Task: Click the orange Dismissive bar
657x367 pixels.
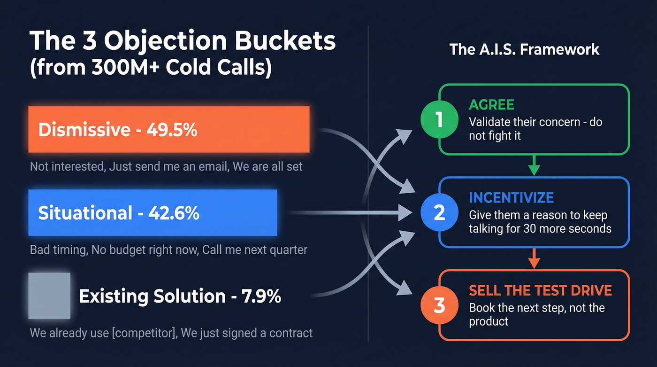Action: pyautogui.click(x=169, y=129)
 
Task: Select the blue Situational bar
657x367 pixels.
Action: pyautogui.click(x=153, y=213)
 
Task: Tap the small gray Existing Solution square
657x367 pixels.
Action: pyautogui.click(x=49, y=296)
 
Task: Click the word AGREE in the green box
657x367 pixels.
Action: pyautogui.click(x=491, y=105)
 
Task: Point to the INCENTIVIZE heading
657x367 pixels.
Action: pyautogui.click(x=511, y=197)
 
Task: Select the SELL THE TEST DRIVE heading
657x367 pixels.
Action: pyautogui.click(x=540, y=290)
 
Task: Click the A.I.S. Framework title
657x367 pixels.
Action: pyautogui.click(x=524, y=49)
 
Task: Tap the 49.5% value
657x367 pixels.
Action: pyautogui.click(x=172, y=130)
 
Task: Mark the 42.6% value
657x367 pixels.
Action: pyautogui.click(x=174, y=213)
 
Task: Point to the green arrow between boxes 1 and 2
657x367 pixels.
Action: pyautogui.click(x=534, y=165)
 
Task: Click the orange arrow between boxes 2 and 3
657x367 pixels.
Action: pyautogui.click(x=534, y=258)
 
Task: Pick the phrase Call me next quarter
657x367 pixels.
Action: pyautogui.click(x=255, y=250)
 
